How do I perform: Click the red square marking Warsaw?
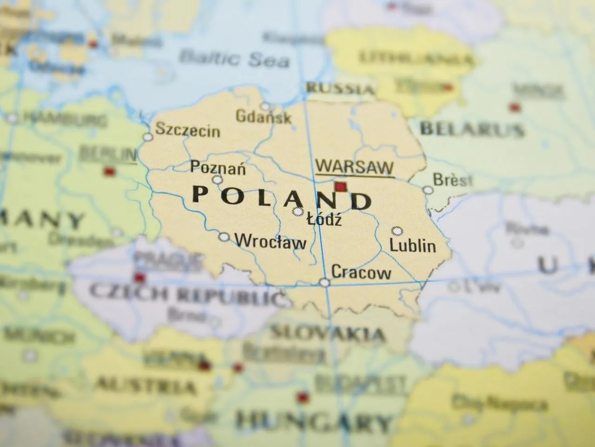tap(341, 187)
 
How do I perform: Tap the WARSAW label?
tap(354, 167)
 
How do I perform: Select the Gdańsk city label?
tap(264, 116)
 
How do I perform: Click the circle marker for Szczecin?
tap(148, 137)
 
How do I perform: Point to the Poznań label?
tap(218, 167)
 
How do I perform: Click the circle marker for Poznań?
tap(217, 180)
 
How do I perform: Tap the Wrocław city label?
tap(271, 242)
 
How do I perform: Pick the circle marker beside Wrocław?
tap(225, 237)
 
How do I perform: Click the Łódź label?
tap(324, 219)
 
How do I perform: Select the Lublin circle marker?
tap(397, 230)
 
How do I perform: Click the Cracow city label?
tap(361, 272)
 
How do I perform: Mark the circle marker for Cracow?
tap(324, 282)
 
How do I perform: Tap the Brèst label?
tap(452, 180)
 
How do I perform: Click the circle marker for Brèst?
tap(428, 190)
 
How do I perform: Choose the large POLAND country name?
tap(282, 197)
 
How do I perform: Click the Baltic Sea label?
tap(234, 59)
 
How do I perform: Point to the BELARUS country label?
tap(471, 129)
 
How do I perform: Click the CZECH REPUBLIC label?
tap(186, 292)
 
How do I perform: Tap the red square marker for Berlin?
tap(109, 171)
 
